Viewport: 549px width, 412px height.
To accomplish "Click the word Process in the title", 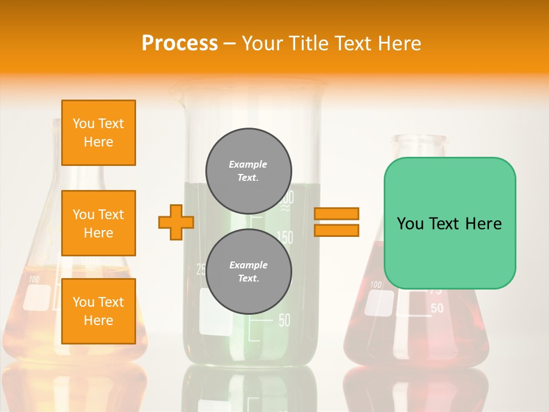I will click(x=180, y=43).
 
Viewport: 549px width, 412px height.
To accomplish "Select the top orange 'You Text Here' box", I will click(x=98, y=133).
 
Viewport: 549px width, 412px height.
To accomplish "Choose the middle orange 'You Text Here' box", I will click(x=98, y=223).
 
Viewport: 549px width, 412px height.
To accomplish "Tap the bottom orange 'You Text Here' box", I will click(x=98, y=311).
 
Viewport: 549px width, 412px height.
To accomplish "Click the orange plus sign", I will click(x=176, y=221).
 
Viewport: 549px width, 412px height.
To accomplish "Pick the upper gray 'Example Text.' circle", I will click(x=249, y=171).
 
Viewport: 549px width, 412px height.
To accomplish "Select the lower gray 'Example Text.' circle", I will click(x=249, y=272).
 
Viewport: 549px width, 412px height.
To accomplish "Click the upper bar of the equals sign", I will click(x=336, y=214).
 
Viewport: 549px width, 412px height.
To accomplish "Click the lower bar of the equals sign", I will click(x=336, y=230).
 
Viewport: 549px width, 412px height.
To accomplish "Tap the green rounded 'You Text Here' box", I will click(x=449, y=223).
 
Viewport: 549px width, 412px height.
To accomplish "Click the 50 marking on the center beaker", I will click(x=284, y=320).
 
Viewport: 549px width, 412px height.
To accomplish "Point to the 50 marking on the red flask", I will click(x=436, y=308).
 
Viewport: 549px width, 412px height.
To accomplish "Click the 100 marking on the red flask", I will click(x=376, y=284).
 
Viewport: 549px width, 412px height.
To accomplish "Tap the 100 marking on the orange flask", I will click(x=34, y=280).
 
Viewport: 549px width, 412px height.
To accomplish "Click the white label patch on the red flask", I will click(x=379, y=303).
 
